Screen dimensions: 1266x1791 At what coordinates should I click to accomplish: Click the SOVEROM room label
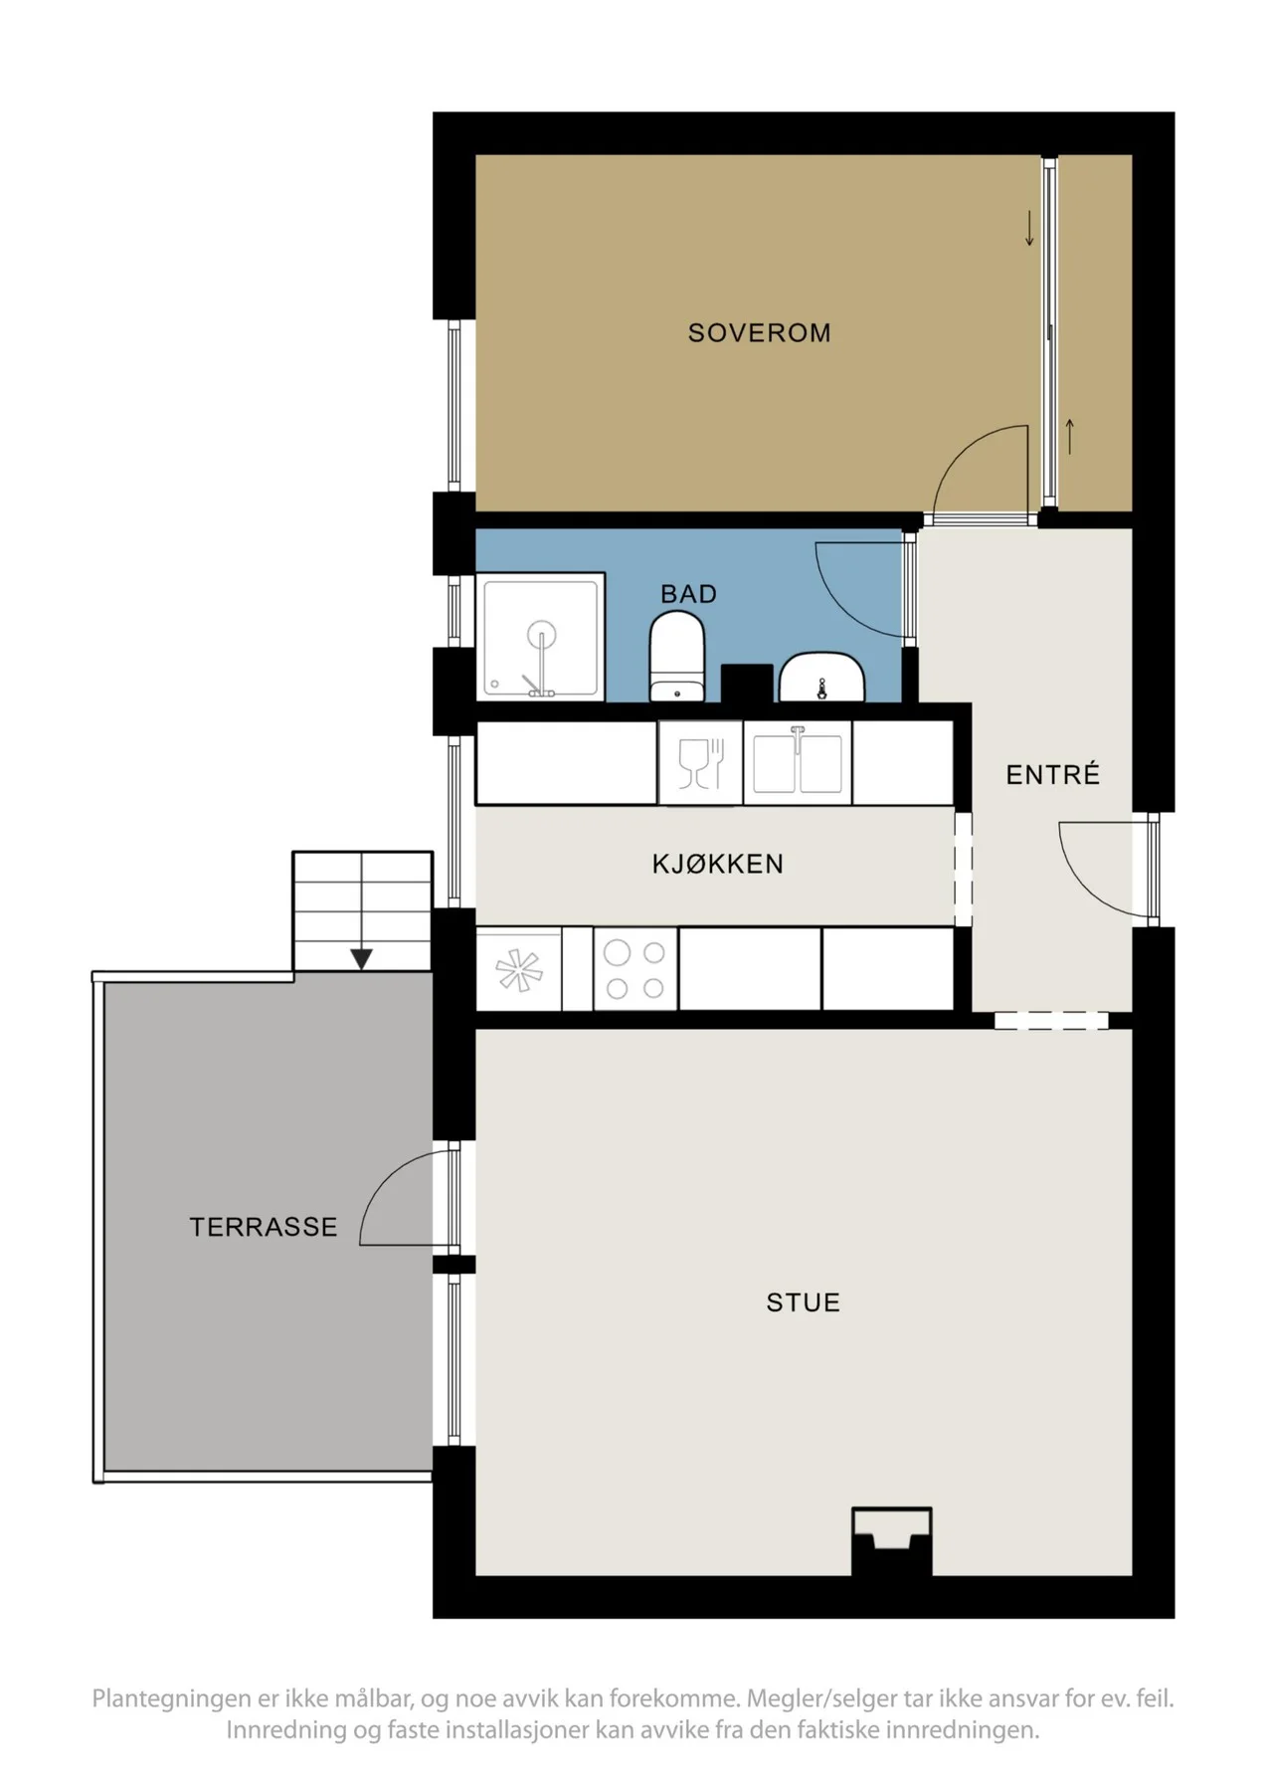coord(759,332)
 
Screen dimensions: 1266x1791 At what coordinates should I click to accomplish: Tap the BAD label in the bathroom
coord(688,594)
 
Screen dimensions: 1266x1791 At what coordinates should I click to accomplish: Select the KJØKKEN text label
coord(717,864)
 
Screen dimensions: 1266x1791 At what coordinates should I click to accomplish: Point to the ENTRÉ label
coord(1052,774)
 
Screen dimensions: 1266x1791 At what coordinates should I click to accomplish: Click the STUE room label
coord(803,1302)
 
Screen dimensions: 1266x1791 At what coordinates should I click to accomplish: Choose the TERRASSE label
coord(264,1227)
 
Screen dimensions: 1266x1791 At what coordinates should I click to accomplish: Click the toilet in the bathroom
coord(677,657)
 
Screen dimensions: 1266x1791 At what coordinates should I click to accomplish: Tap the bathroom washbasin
coord(821,678)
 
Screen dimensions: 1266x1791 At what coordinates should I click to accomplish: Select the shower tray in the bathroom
coord(540,636)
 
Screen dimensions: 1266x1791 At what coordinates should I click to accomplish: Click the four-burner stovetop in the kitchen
coord(635,969)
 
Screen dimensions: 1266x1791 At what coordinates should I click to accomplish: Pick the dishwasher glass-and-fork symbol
coord(700,763)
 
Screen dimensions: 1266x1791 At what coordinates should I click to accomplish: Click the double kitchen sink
coord(798,762)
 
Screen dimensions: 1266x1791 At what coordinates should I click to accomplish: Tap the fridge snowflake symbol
coord(519,971)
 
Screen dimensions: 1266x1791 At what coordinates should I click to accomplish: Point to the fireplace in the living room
coord(892,1541)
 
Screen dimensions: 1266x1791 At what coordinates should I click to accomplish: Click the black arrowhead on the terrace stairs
coord(361,959)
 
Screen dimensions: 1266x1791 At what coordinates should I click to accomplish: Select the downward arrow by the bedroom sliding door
coord(1029,228)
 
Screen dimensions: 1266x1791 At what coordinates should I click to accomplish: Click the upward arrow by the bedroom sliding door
coord(1070,437)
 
